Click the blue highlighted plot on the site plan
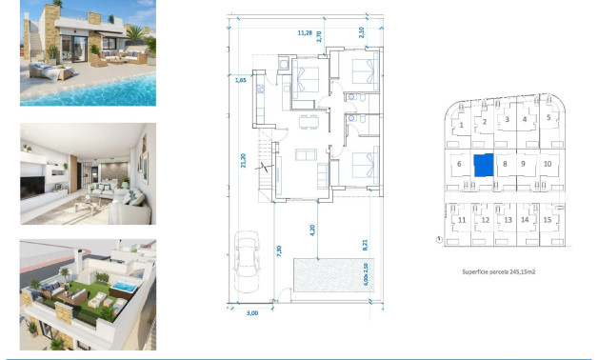(x=484, y=164)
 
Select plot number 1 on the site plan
(x=461, y=124)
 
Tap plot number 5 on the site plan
(x=548, y=118)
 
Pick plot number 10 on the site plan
(x=547, y=164)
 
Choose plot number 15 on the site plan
(x=548, y=219)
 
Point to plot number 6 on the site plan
(x=459, y=164)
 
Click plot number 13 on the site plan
(x=508, y=220)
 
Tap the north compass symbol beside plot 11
(x=437, y=240)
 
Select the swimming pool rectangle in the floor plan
(x=326, y=277)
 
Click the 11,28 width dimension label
(x=305, y=32)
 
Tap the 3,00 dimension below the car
(x=252, y=311)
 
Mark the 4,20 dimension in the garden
(x=312, y=229)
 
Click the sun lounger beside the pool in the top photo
(x=47, y=70)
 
